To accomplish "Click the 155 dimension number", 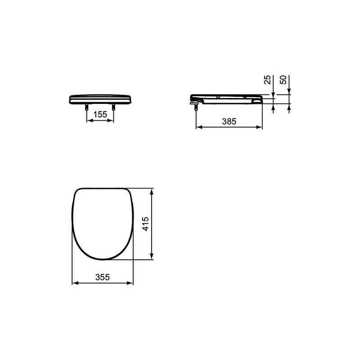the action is pos(100,114).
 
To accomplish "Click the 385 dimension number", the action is pos(229,121).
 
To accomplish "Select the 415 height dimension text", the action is pos(145,224).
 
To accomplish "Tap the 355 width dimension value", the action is pos(103,277).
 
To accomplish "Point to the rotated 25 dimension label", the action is pos(267,80).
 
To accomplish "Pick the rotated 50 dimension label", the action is pos(283,80).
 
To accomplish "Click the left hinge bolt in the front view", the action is pos(86,107).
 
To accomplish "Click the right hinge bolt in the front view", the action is pos(113,107).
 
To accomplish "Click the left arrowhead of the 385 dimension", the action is pos(199,127).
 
